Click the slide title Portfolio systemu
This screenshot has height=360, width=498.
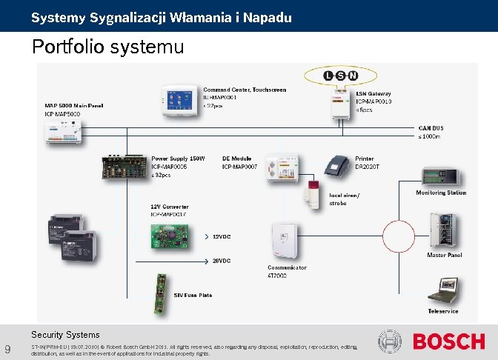[x=107, y=47]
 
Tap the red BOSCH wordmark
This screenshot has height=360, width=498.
[x=448, y=341]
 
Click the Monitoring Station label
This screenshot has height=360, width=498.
[x=441, y=193]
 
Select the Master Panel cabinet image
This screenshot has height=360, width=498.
[x=445, y=230]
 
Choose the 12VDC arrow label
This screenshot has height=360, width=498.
[x=222, y=237]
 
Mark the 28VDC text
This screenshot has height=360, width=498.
[x=222, y=261]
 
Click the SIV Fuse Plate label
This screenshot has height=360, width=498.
[x=193, y=295]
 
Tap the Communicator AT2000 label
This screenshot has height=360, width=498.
[x=287, y=270]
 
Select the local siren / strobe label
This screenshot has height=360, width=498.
[x=344, y=199]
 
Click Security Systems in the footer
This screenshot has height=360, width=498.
[x=65, y=335]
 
